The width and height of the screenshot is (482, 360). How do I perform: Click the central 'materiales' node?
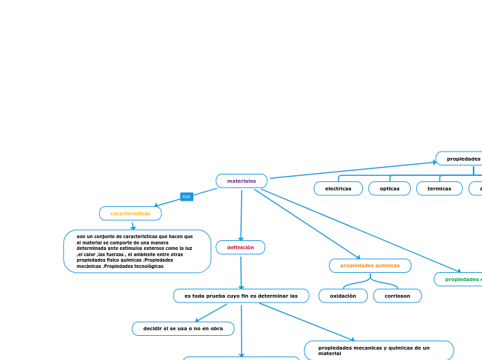241,181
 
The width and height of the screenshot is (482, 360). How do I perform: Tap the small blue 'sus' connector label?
186,197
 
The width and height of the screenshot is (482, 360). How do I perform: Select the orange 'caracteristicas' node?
130,213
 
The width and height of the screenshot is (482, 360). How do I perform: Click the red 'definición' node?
240,247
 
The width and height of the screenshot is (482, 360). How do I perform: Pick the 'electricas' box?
338,188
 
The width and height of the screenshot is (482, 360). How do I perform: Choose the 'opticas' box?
389,188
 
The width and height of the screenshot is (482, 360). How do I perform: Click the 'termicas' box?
439,188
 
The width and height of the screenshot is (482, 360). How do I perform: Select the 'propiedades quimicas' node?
370,265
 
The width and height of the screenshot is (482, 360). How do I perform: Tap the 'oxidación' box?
343,296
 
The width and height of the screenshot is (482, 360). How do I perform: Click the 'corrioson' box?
398,296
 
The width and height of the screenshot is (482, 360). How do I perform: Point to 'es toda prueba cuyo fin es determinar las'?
241,296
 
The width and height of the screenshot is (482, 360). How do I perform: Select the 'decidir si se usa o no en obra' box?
183,328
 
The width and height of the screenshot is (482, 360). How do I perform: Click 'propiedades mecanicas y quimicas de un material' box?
379,350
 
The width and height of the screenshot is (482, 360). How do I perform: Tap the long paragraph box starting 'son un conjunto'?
137,251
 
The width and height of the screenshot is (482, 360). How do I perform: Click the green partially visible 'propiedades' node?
461,279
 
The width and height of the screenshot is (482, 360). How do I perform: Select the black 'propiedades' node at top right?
461,159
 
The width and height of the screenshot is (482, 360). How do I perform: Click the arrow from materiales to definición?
241,215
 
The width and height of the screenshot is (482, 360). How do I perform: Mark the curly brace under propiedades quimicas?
371,281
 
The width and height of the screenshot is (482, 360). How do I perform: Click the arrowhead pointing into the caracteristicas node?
157,205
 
